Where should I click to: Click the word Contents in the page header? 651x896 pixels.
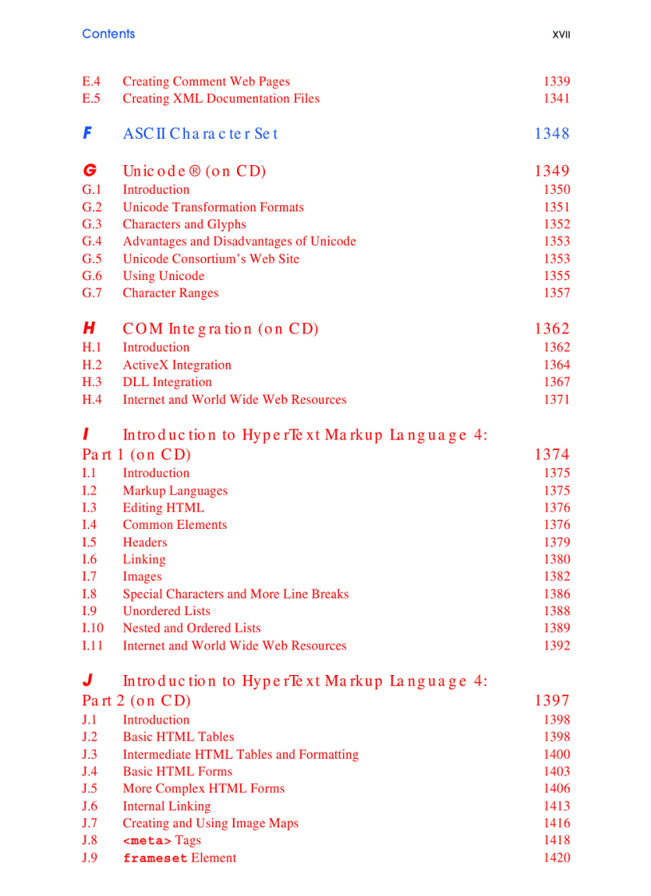tap(108, 34)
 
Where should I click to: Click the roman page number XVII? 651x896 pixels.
tap(561, 35)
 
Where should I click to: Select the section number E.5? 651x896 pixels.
tap(91, 99)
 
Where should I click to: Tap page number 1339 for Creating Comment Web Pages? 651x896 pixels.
tap(556, 81)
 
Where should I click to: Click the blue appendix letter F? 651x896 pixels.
tap(87, 133)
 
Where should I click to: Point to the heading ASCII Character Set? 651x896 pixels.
tap(200, 134)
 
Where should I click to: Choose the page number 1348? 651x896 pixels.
tap(552, 134)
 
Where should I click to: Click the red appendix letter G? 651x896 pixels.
tap(89, 171)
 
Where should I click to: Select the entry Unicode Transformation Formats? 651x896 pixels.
tap(213, 207)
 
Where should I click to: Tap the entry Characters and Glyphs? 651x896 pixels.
tap(184, 224)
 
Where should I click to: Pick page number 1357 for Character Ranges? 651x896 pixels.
tap(556, 293)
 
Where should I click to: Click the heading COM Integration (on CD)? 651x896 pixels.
tap(220, 329)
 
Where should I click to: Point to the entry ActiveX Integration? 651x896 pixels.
tap(177, 365)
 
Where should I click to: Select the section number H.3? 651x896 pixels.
tap(92, 382)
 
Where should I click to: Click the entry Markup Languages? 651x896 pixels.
tap(175, 491)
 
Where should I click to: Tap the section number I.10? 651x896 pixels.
tap(93, 628)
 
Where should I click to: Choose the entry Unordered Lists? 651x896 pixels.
tap(167, 611)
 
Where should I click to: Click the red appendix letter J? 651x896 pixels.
tap(88, 681)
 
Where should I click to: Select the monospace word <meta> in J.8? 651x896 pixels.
tap(147, 841)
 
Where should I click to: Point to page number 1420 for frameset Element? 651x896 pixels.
tap(556, 858)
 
